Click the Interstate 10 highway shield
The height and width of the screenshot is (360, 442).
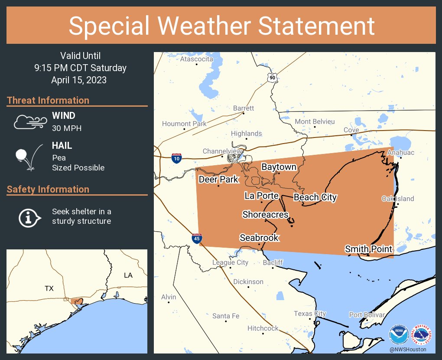[176, 157]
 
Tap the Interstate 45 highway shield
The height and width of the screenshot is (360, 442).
[197, 238]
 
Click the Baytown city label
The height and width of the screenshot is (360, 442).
[279, 167]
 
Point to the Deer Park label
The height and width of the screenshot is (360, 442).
[218, 179]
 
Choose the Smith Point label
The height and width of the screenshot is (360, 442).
[368, 249]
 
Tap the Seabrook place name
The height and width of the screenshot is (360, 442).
[259, 238]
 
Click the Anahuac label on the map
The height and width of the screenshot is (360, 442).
[401, 152]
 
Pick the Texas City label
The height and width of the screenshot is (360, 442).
[310, 314]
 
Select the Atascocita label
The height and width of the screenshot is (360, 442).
[197, 59]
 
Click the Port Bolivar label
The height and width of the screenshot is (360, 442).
[367, 315]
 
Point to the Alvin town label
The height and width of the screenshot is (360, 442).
[169, 297]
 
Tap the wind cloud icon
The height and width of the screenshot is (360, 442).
[29, 122]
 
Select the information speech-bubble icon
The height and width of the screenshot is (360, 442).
[29, 216]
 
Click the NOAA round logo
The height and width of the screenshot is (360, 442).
[399, 334]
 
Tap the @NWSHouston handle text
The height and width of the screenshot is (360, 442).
[407, 350]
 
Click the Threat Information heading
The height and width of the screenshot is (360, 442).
[48, 100]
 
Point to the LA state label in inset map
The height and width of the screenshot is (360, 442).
[128, 275]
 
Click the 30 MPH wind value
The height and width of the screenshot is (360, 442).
[66, 128]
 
